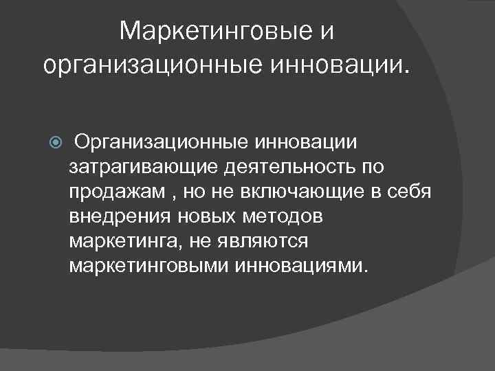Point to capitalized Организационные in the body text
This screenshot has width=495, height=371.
tap(162, 142)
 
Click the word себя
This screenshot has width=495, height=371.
tap(408, 192)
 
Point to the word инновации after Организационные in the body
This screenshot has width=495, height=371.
tap(307, 142)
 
